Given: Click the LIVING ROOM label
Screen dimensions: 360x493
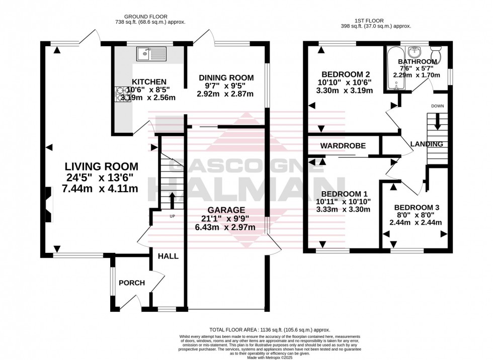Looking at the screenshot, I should tap(101, 166).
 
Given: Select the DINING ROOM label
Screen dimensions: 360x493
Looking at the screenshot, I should tap(226, 77).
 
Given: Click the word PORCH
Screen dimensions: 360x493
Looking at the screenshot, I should tap(131, 283).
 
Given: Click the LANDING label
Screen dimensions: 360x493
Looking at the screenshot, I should tap(426, 144).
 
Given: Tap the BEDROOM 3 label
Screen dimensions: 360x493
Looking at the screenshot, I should tap(413, 207).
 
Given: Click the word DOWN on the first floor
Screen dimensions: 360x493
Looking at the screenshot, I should tap(437, 106).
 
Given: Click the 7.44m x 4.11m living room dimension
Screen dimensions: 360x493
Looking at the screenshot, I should tap(100, 189).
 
